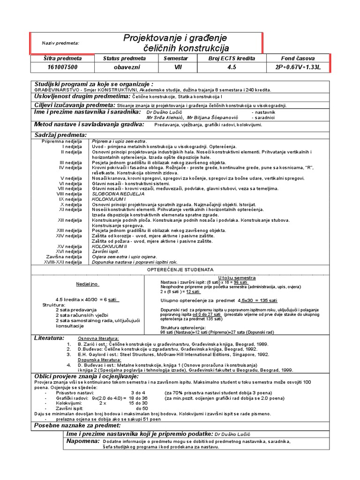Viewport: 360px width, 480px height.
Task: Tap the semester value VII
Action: (176, 67)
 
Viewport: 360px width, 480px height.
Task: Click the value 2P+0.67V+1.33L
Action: (300, 67)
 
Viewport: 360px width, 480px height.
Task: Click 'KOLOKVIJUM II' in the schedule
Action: (110, 246)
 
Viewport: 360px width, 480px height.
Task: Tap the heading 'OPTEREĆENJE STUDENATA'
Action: (180, 270)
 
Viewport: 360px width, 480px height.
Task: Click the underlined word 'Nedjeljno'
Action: (88, 284)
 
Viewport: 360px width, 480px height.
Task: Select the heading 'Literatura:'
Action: (49, 337)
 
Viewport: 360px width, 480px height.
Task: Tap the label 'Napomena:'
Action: (83, 441)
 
